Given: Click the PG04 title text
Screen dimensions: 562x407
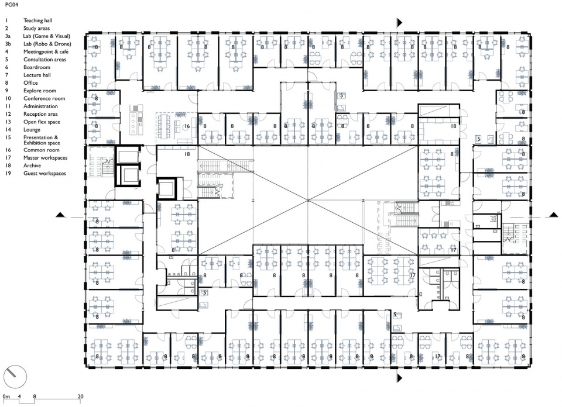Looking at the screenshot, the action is coord(11,6).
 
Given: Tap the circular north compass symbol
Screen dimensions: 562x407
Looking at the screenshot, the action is coord(15,377).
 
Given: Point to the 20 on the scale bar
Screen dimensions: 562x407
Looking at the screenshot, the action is coord(80,396).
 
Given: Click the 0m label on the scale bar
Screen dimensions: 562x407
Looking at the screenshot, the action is coord(6,396).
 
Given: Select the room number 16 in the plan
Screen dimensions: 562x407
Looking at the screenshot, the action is coord(187,126).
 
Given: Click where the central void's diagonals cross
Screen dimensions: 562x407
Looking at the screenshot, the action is coord(308,201).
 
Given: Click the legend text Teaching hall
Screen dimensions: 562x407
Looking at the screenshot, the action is coord(37,20).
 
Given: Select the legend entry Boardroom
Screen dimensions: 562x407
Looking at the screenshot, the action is coord(36,67).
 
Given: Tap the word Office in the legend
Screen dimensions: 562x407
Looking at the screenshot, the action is coord(30,82).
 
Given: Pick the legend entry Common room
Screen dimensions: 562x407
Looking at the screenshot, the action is coord(41,150).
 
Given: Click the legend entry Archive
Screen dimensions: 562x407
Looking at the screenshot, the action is coord(32,165).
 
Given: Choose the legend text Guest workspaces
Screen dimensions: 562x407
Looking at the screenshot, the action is coord(45,173).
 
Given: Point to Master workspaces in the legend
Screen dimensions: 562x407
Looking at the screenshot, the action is coord(45,158).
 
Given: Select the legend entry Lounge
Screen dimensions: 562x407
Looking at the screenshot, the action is coord(32,130).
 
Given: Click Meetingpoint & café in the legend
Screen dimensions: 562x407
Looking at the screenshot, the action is coord(46,51).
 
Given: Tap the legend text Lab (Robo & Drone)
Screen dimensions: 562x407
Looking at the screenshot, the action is coord(47,44).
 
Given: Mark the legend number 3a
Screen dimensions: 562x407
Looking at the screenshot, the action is coord(8,36).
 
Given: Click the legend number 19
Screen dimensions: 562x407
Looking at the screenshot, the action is coord(8,173).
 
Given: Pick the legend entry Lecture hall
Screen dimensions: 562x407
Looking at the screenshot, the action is coord(37,75).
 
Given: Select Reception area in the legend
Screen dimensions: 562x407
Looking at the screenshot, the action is coord(40,114).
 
